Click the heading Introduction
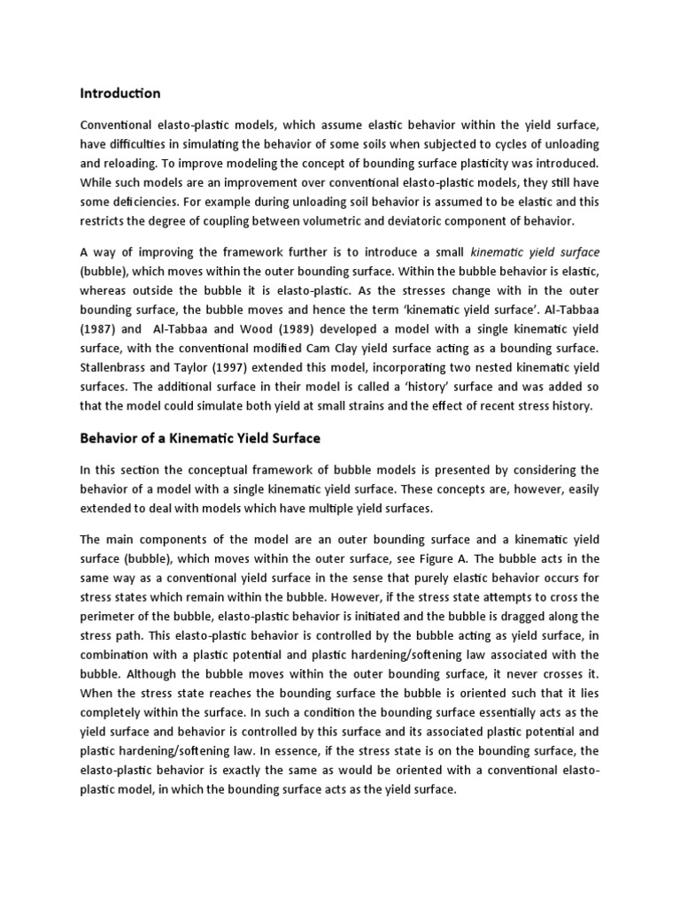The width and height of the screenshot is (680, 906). pyautogui.click(x=120, y=93)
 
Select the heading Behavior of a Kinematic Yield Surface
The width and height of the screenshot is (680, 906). pyautogui.click(x=200, y=438)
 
